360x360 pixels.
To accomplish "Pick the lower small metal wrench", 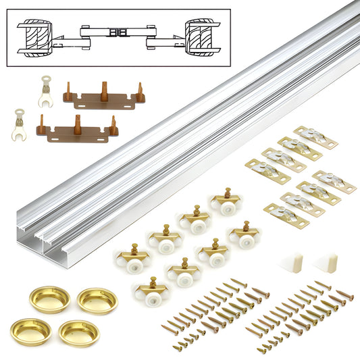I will pyautogui.click(x=20, y=127).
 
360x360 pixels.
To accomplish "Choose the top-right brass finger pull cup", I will pyautogui.click(x=97, y=300).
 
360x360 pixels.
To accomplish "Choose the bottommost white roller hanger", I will pyautogui.click(x=151, y=291).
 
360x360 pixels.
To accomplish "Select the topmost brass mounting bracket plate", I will pyautogui.click(x=314, y=138).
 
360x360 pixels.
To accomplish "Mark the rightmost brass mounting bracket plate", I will pyautogui.click(x=334, y=182).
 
